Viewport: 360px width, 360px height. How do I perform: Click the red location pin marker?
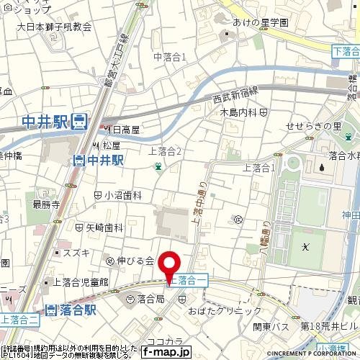point(170,266)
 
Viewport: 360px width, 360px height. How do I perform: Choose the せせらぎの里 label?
point(314,127)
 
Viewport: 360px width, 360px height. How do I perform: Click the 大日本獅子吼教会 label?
point(54,27)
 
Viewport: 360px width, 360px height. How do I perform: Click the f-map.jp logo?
point(166,351)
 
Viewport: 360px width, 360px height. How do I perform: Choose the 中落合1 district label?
point(170,56)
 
